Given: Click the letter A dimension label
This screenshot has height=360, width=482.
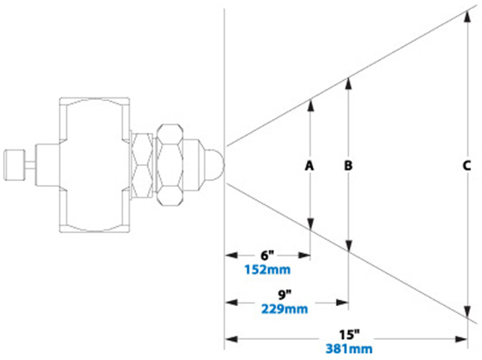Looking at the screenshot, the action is coord(309,165).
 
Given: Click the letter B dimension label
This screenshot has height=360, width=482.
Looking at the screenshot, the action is coord(348,165).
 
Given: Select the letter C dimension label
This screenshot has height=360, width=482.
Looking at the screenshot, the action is coord(466,165).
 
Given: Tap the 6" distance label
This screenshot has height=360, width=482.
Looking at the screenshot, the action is coord(267,255).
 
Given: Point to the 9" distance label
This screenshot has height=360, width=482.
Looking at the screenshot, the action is coord(285,295).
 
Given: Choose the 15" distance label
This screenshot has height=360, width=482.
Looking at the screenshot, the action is coord(349,334).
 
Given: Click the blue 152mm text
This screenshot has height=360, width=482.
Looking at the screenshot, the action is coord(267,270).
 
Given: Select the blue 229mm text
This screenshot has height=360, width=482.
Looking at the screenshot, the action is coord(285,309).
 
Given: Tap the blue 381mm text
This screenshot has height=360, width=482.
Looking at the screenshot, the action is coord(349,349).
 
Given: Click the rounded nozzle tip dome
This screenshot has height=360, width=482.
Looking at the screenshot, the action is coord(215,164).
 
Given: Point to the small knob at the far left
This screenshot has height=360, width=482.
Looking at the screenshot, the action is coord(15,165).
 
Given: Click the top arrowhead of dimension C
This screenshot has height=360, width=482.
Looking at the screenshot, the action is coord(467,16).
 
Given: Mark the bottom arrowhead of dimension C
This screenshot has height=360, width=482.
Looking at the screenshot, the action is coord(467,312).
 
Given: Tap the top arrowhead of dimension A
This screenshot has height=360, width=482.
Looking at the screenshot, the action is coord(311,105).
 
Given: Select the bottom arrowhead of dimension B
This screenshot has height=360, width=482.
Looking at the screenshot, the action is coord(348,246).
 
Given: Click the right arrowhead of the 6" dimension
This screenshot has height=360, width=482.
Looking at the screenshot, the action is coord(305,255).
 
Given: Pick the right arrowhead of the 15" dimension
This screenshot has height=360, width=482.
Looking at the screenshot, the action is coord(461,339).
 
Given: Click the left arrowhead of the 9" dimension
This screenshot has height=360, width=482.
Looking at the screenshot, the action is coord(231,303).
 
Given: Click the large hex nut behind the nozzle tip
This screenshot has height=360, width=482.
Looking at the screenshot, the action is coord(170,165).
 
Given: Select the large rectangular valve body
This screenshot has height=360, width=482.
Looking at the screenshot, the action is coord(94,165).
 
